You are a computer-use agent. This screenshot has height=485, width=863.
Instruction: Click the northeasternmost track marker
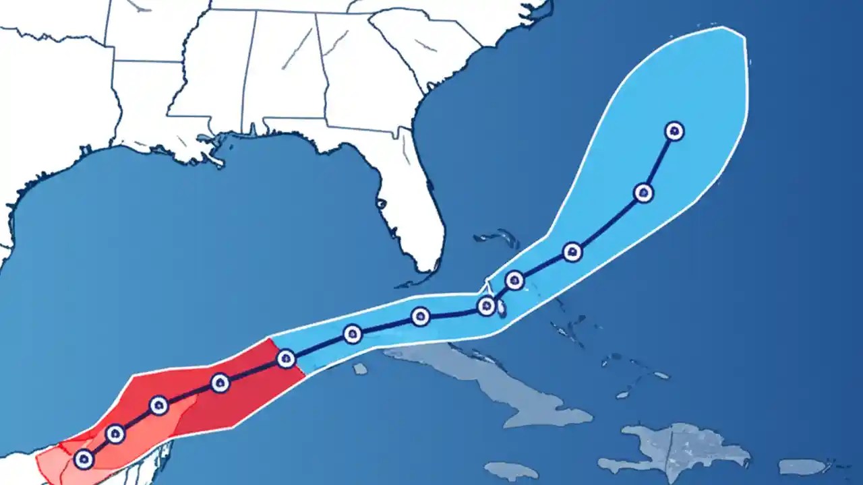click(x=674, y=131)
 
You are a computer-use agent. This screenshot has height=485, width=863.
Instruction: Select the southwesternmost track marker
click(x=84, y=459)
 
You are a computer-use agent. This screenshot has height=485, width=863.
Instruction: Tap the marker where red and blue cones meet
click(x=286, y=359)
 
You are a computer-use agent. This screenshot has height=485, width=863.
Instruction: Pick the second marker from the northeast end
click(x=644, y=193)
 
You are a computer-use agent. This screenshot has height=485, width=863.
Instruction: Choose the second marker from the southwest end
click(x=115, y=434)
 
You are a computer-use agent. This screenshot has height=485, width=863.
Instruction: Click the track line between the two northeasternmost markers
click(x=659, y=162)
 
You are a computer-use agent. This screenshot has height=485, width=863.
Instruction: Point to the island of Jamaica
click(x=510, y=470)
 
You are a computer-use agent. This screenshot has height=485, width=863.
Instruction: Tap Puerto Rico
click(x=802, y=466)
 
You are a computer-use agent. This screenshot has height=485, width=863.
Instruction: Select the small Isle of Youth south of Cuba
click(x=360, y=368)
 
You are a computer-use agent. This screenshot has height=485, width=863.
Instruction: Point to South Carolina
click(x=425, y=44)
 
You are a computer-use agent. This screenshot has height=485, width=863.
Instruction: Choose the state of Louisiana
click(x=145, y=115)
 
